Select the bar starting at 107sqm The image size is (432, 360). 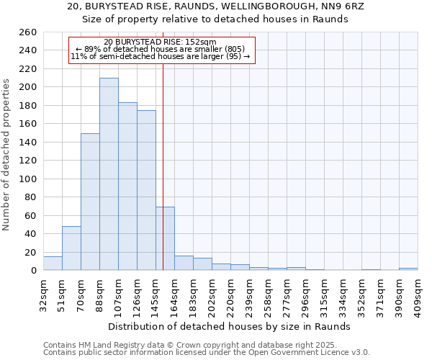coord(127,186)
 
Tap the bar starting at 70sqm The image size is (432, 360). coord(90,202)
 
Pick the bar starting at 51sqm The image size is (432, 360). coord(71,248)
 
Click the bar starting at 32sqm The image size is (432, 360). coord(53,264)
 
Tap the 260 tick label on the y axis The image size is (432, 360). coord(28,32)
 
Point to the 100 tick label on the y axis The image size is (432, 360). coord(28,179)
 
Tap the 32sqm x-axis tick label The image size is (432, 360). coord(43,293)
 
